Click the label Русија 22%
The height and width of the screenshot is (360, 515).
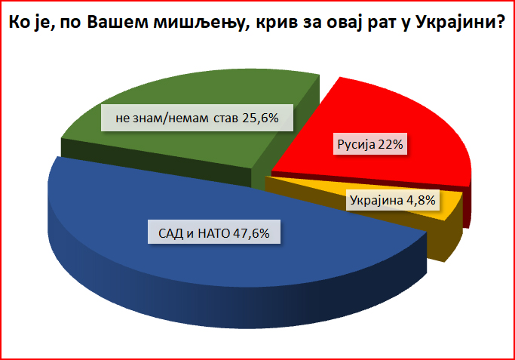click(x=370, y=144)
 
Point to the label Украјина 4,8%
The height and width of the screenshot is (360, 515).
click(x=393, y=200)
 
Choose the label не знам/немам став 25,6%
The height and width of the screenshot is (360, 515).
click(x=197, y=118)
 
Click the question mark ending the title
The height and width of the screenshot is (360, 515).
click(x=499, y=23)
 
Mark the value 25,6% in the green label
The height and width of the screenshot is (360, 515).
click(x=260, y=118)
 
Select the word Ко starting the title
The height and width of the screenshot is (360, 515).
click(x=17, y=23)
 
